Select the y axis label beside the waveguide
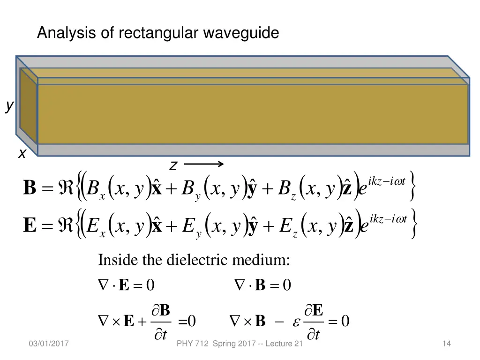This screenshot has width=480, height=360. [x=9, y=107]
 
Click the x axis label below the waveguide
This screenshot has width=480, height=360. [x=22, y=153]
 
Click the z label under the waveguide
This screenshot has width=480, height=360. [x=173, y=165]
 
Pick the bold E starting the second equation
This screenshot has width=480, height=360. [x=30, y=225]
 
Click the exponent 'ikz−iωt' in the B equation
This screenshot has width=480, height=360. [x=387, y=181]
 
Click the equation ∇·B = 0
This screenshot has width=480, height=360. [x=262, y=285]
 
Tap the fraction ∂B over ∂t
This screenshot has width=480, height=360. [x=161, y=322]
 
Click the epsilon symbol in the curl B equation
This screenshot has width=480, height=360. [x=295, y=322]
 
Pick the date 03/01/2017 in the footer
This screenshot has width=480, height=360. [x=48, y=344]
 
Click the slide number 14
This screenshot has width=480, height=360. [x=446, y=344]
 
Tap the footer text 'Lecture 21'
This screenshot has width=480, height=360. [x=284, y=344]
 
